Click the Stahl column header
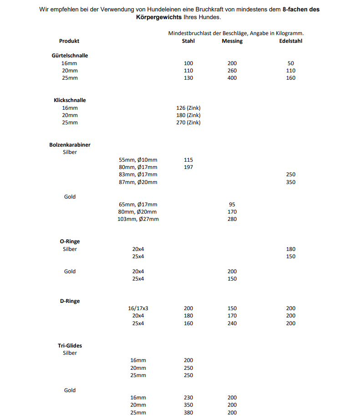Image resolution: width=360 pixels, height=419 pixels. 188,41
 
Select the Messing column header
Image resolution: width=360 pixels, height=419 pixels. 232,41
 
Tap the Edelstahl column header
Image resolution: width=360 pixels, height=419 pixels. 291,41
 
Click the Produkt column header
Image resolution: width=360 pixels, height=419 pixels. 69,41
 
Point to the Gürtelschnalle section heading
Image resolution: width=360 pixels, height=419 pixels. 70,56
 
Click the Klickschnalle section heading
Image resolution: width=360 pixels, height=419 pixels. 70,100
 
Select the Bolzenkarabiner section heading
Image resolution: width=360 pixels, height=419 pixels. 70,145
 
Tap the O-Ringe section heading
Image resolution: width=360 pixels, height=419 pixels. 70,241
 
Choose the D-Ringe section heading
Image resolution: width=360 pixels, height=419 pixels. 70,301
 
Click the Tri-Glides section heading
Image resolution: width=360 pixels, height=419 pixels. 70,346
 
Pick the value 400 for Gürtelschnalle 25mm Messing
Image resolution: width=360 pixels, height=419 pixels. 232,78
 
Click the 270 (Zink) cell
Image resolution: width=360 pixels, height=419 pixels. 188,123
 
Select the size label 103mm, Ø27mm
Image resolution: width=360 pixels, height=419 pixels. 138,219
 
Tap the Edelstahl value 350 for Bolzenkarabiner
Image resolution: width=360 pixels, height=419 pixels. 291,182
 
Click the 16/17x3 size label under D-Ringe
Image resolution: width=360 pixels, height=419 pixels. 138,308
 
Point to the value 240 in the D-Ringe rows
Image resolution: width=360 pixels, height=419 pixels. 232,323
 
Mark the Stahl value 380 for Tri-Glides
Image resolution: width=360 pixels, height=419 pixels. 188,413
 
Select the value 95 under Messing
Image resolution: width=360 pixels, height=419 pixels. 232,204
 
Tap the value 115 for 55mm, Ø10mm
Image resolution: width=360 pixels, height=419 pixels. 188,160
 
